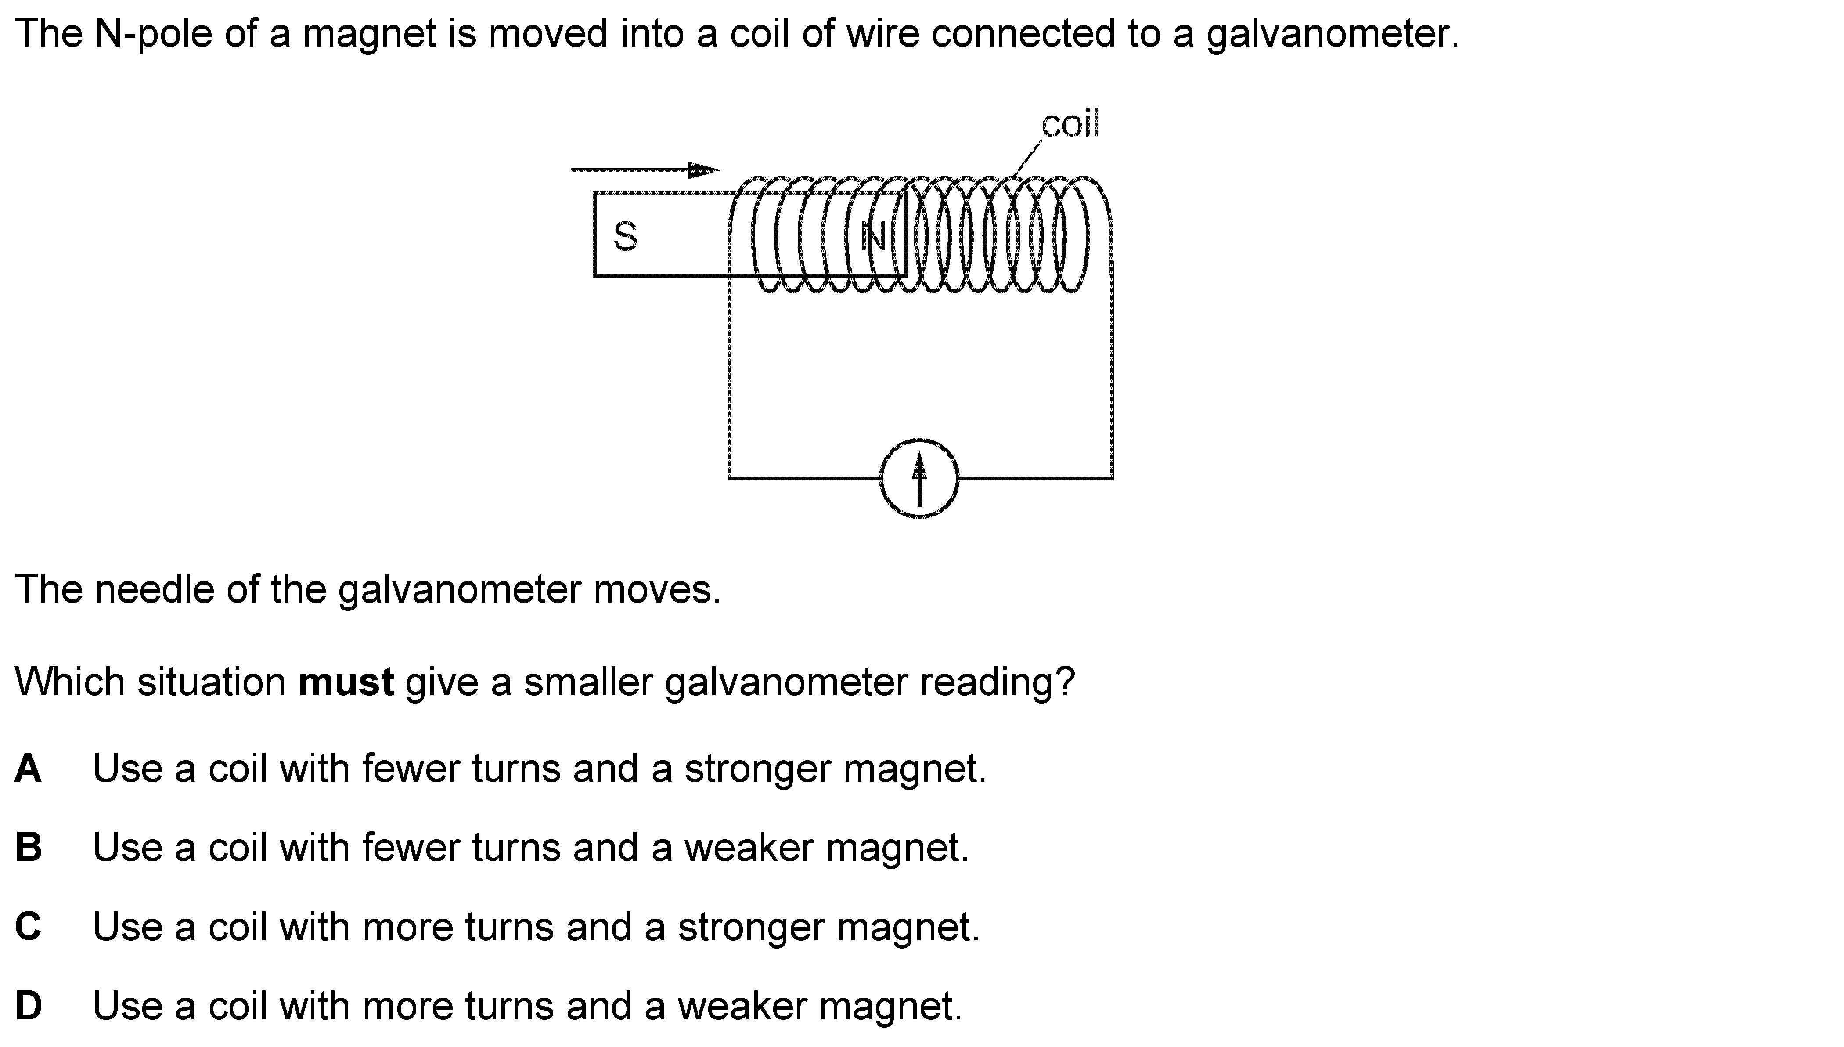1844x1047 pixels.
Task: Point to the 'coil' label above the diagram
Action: tap(1070, 124)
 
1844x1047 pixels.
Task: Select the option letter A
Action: tap(28, 769)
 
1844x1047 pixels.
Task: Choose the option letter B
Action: tap(28, 848)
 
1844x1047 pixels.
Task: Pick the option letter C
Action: tap(28, 927)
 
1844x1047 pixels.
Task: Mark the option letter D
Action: tap(28, 1006)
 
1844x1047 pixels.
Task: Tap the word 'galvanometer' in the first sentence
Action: tap(1332, 34)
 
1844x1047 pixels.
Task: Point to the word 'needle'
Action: tap(154, 590)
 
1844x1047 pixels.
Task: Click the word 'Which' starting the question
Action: tap(70, 682)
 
